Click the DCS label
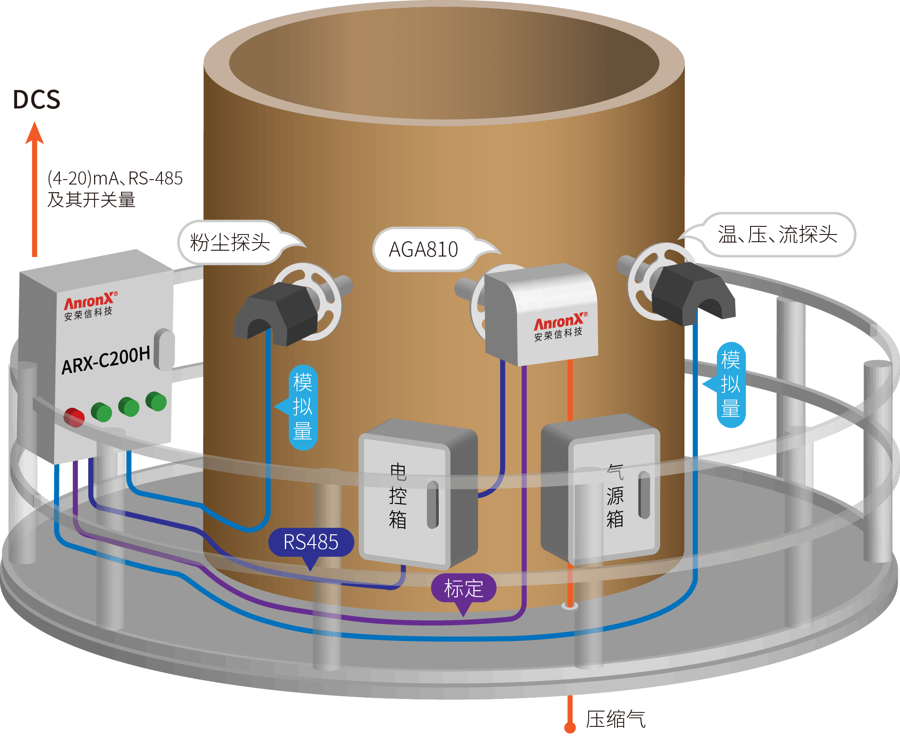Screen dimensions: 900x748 [x=36, y=99]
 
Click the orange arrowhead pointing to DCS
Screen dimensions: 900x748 [x=35, y=133]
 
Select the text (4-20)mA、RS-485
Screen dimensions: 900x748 [x=115, y=178]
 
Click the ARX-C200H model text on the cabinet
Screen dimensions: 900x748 [x=106, y=360]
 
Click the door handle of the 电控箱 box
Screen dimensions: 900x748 [x=432, y=505]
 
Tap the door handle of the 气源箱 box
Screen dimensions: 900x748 [x=644, y=495]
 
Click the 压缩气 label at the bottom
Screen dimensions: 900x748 [x=616, y=719]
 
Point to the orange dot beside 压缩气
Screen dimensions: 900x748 [x=570, y=727]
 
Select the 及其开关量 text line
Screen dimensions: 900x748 [x=91, y=200]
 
